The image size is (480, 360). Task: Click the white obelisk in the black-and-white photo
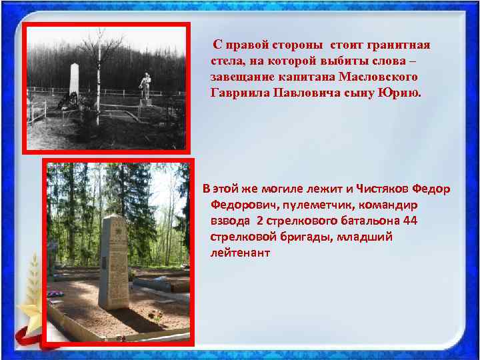(73, 84)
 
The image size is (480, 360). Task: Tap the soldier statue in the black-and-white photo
(145, 86)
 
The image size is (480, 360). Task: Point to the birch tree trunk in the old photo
(99, 80)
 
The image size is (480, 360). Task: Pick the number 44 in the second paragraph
(411, 221)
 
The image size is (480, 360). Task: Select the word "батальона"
(371, 221)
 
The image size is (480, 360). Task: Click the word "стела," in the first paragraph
(225, 61)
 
